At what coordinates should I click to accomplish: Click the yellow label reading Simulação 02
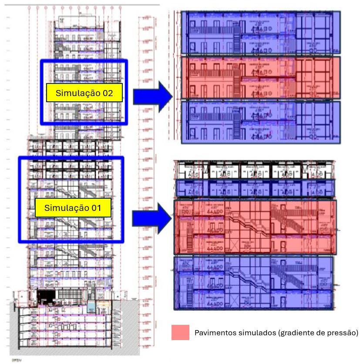(x=84, y=93)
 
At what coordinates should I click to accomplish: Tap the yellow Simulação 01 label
(x=73, y=208)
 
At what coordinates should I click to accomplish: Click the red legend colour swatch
(x=180, y=333)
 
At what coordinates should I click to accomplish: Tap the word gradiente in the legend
(x=288, y=333)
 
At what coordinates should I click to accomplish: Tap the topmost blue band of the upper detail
(x=260, y=33)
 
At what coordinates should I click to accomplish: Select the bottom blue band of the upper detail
(x=260, y=122)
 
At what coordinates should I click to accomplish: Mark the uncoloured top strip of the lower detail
(x=255, y=170)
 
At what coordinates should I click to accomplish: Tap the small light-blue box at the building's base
(x=91, y=307)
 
